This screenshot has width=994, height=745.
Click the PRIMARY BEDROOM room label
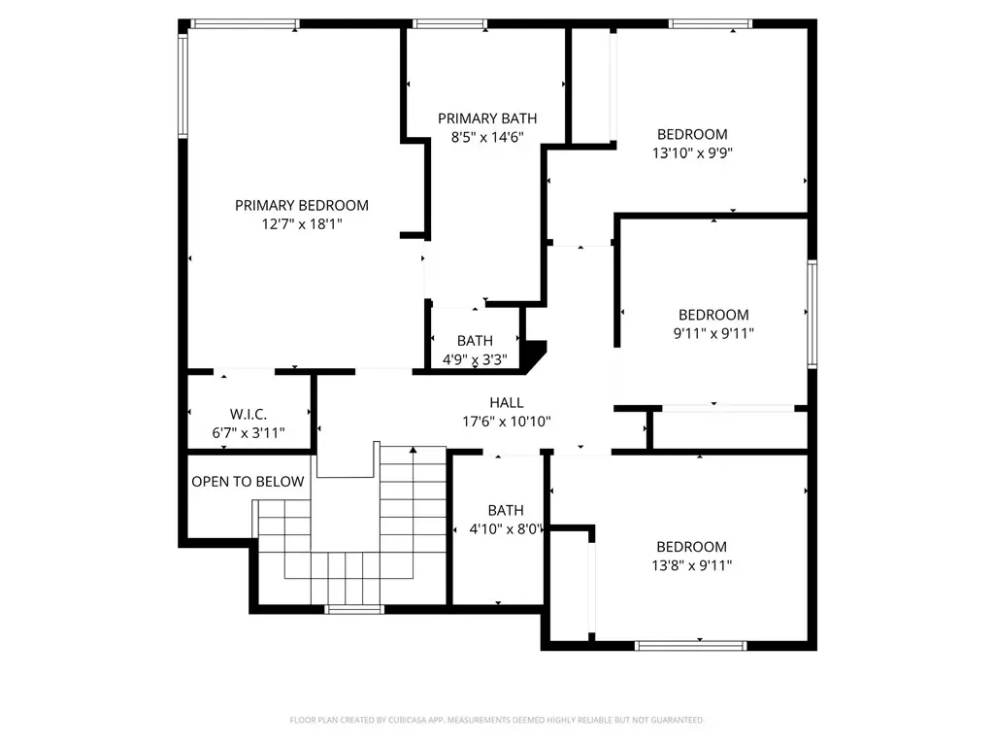[x=302, y=206]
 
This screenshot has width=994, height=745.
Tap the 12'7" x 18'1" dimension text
[x=302, y=224]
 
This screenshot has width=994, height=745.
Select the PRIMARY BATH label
[x=487, y=119]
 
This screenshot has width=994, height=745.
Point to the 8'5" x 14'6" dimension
[x=487, y=137]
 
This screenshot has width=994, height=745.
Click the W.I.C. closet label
[x=248, y=415]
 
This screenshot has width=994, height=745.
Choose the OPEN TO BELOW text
[x=248, y=482]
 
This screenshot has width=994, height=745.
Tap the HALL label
[x=507, y=403]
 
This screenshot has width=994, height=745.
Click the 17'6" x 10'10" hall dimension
[x=507, y=422]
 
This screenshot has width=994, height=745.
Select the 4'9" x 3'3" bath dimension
[x=475, y=359]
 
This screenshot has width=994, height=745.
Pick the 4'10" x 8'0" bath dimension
[x=506, y=528]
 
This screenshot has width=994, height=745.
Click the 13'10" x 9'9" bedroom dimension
[x=692, y=152]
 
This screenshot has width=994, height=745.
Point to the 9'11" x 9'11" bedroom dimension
[x=713, y=333]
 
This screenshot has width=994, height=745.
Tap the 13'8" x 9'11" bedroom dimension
[x=691, y=565]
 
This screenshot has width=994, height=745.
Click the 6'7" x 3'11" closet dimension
[x=248, y=433]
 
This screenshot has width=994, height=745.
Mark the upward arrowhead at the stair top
[x=414, y=450]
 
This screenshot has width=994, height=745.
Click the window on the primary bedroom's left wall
[x=182, y=85]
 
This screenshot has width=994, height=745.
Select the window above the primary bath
[x=450, y=24]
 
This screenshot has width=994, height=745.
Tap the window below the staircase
[x=354, y=610]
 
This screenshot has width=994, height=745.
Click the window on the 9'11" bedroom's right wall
[x=812, y=314]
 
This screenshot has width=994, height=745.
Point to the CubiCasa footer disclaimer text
[x=497, y=720]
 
